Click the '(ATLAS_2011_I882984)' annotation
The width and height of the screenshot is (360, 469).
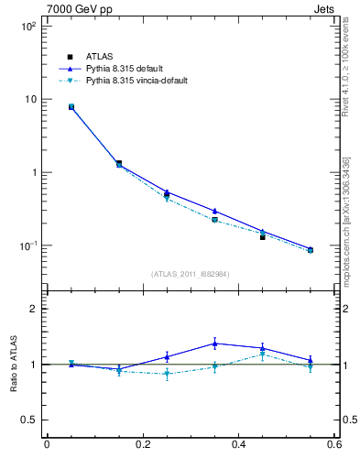coord(191,274)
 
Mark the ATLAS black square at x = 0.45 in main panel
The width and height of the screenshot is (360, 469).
coord(262,236)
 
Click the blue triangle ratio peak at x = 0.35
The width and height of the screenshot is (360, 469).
coord(214,344)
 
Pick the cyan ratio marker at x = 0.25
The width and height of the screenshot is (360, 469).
coord(167,374)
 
